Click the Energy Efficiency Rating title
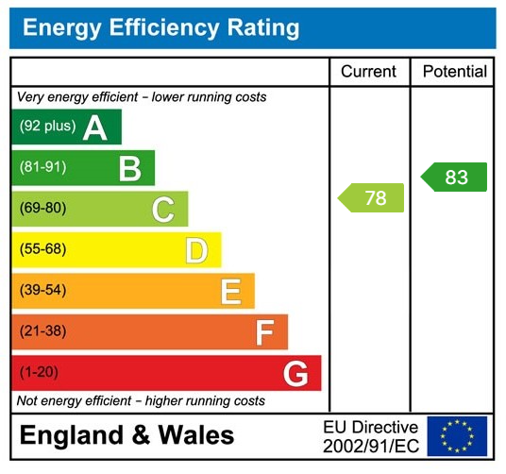click(160, 27)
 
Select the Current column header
click(368, 72)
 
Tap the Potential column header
click(454, 72)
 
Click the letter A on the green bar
click(94, 127)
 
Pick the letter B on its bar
click(129, 168)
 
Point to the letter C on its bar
click(163, 209)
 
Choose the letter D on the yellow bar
click(196, 250)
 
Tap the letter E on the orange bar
click(230, 291)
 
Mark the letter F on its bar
click(264, 332)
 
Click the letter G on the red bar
click(295, 374)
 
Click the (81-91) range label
click(42, 168)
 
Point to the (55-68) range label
click(42, 250)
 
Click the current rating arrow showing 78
click(372, 198)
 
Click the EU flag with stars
click(457, 436)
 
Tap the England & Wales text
click(126, 435)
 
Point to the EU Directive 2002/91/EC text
click(370, 436)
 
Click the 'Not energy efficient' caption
click(141, 401)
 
